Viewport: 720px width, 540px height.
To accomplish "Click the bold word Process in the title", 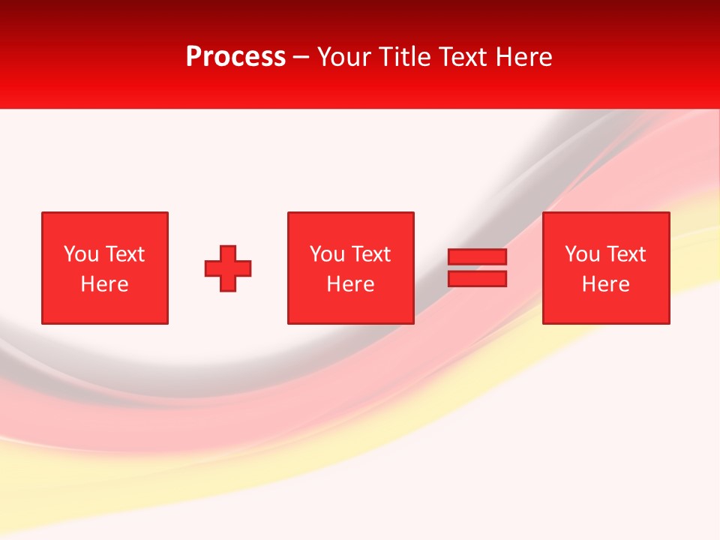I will pyautogui.click(x=235, y=57).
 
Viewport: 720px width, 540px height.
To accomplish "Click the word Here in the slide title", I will pyautogui.click(x=523, y=57).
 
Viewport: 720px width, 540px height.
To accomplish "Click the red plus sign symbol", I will pyautogui.click(x=228, y=268).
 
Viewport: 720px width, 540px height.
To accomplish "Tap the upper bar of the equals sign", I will pyautogui.click(x=477, y=257).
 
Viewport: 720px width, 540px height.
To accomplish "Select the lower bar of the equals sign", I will pyautogui.click(x=477, y=278).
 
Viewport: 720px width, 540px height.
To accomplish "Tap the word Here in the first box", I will pyautogui.click(x=105, y=284).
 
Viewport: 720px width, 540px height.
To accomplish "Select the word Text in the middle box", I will pyautogui.click(x=370, y=254).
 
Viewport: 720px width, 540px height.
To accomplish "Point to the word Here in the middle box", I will pyautogui.click(x=350, y=284).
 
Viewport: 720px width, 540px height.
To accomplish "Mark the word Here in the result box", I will pyautogui.click(x=606, y=284).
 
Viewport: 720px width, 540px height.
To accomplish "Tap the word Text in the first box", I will pyautogui.click(x=124, y=254).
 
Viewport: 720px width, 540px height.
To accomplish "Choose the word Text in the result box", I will pyautogui.click(x=625, y=254).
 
